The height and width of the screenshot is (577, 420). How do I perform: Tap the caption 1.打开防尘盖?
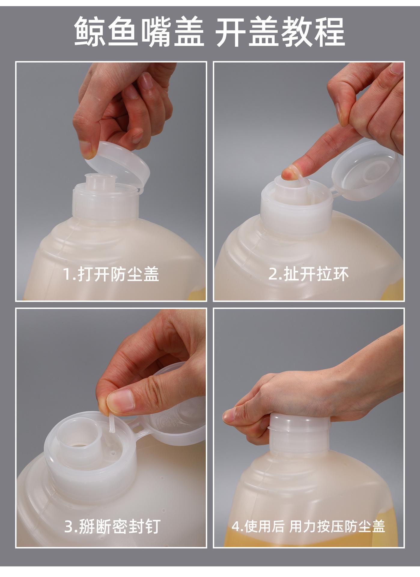pyautogui.click(x=111, y=274)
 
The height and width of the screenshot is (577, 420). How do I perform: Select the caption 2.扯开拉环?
pyautogui.click(x=309, y=274)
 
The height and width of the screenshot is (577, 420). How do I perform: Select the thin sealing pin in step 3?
pyautogui.click(x=111, y=423)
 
